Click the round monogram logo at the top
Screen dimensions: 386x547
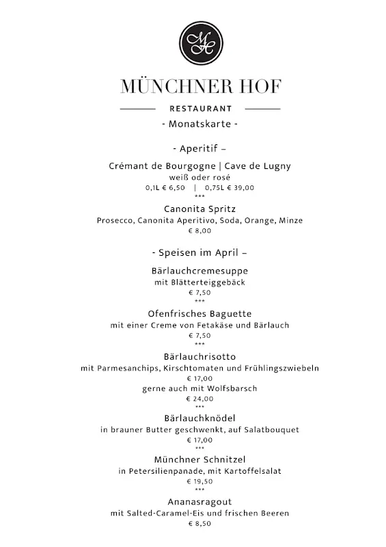(x=200, y=42)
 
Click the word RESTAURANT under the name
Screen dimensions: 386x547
(x=200, y=109)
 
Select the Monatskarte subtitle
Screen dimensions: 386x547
(x=199, y=124)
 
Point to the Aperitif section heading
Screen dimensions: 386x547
(x=199, y=148)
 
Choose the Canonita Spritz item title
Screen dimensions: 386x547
(x=199, y=209)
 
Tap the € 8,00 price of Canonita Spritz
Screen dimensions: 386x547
(x=199, y=231)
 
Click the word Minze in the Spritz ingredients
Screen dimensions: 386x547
(x=290, y=220)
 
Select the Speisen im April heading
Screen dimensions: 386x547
(x=199, y=252)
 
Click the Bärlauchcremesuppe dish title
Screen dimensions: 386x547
(x=199, y=271)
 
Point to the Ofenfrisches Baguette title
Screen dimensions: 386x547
(x=199, y=314)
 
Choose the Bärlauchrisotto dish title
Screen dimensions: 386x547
(x=199, y=357)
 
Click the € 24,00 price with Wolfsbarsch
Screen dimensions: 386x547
(x=199, y=399)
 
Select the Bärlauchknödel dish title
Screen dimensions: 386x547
(x=199, y=418)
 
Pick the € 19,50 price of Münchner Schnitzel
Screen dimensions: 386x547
(x=199, y=481)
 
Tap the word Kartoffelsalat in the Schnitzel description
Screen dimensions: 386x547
(x=253, y=471)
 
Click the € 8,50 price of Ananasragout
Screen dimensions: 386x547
(x=199, y=524)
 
